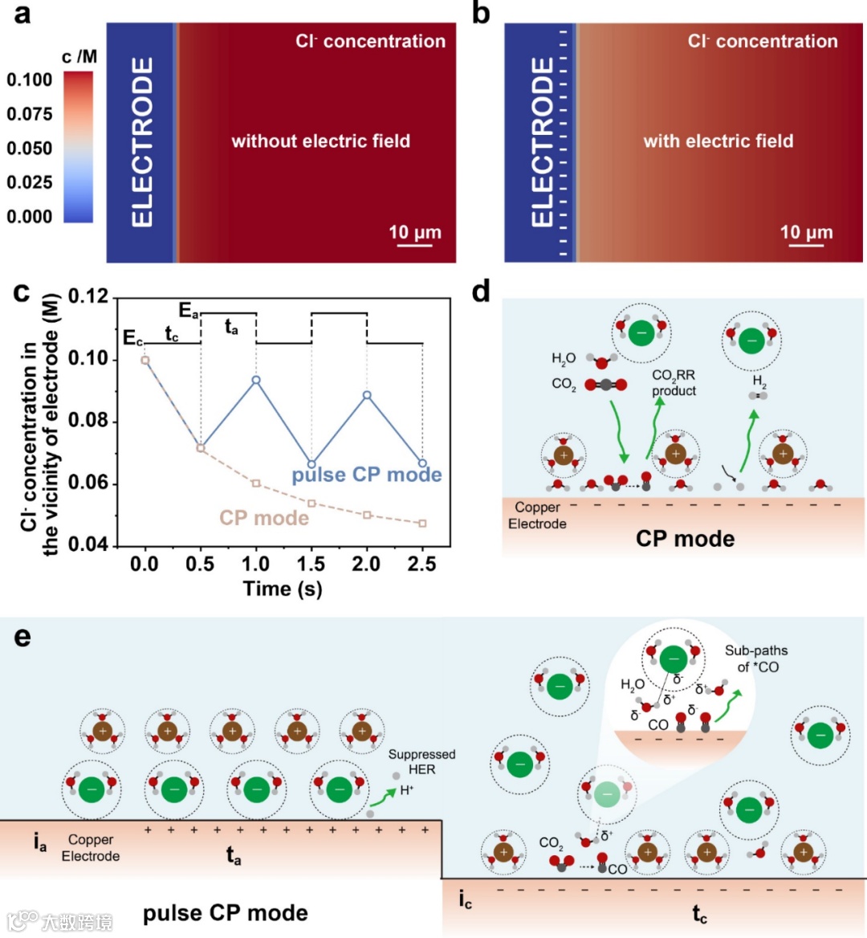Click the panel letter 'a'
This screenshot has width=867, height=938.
(x=23, y=14)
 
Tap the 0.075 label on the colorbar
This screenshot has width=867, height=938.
(x=30, y=114)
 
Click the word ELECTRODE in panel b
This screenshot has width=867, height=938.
(x=543, y=142)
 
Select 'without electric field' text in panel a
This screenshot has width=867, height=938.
(x=320, y=141)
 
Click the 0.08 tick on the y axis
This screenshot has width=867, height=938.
(x=88, y=421)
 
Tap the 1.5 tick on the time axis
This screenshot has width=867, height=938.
(x=311, y=564)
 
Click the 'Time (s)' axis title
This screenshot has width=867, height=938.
(x=283, y=589)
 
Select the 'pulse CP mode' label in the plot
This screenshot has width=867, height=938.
(x=367, y=475)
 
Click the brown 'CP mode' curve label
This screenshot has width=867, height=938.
(x=264, y=518)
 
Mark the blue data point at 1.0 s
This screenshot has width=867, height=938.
(x=256, y=380)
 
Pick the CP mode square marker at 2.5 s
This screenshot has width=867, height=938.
(x=422, y=524)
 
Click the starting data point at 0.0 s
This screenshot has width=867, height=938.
(x=145, y=360)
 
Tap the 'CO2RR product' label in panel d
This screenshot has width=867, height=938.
(x=674, y=383)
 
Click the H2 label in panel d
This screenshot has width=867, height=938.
(x=759, y=381)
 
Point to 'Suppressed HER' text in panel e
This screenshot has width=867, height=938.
(x=421, y=762)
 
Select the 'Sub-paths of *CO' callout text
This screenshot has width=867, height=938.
(x=756, y=659)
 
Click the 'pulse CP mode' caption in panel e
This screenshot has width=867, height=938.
(x=226, y=913)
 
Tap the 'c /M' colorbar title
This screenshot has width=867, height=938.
(x=79, y=57)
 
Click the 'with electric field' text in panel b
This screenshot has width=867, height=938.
(x=718, y=141)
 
